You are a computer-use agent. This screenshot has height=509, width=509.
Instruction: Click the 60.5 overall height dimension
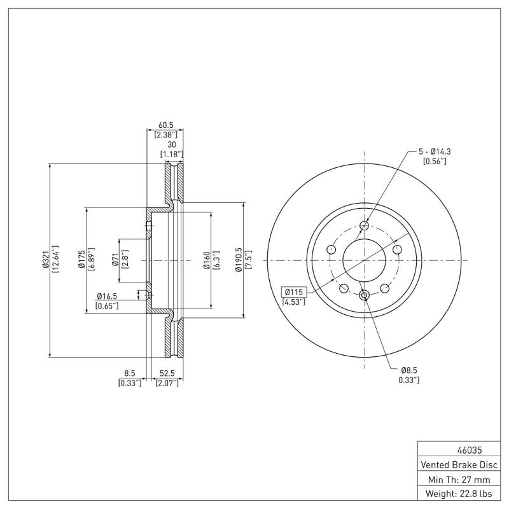click(165, 125)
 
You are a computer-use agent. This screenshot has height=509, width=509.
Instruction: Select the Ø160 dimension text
click(207, 260)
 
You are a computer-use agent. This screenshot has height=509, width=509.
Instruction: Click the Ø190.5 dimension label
click(239, 260)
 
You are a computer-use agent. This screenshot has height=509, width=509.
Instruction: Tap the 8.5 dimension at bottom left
click(129, 373)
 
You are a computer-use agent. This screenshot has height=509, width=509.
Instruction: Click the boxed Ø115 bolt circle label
click(295, 291)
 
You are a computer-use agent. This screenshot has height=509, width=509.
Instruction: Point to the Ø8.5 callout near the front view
click(409, 370)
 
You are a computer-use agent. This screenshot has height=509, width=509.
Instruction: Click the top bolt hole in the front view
click(364, 225)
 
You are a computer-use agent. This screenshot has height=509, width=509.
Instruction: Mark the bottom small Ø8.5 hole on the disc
click(364, 295)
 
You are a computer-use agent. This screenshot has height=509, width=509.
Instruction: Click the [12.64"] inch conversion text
click(55, 260)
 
